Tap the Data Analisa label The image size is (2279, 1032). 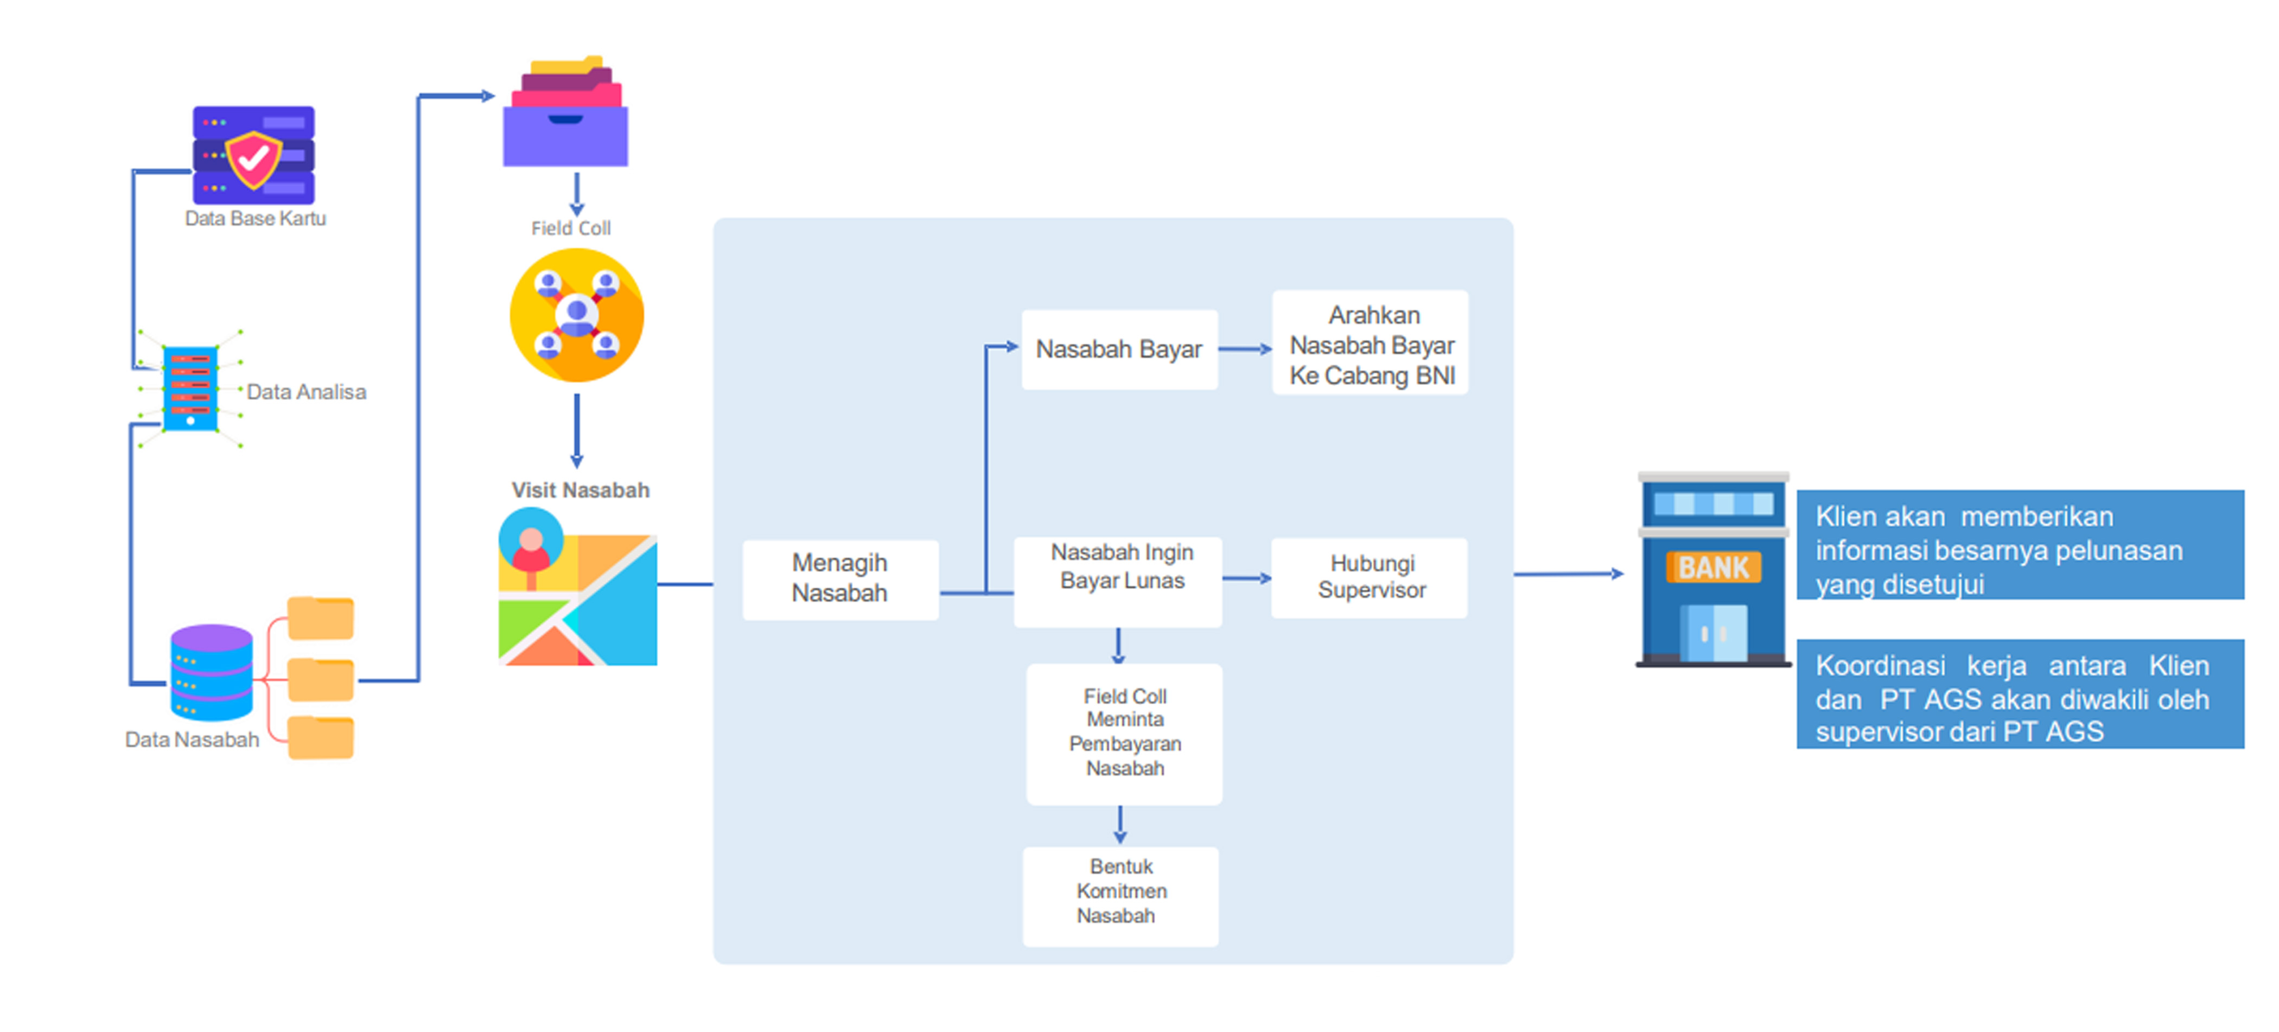pyautogui.click(x=306, y=392)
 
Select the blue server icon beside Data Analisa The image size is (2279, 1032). pyautogui.click(x=190, y=388)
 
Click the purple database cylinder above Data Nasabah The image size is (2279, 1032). pyautogui.click(x=212, y=672)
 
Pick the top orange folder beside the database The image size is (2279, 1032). pyautogui.click(x=320, y=618)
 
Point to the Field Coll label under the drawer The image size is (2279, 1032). pyautogui.click(x=571, y=228)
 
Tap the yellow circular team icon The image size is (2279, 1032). pyautogui.click(x=577, y=315)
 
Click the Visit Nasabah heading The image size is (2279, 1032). pyautogui.click(x=581, y=490)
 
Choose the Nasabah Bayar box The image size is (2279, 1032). pyautogui.click(x=1119, y=349)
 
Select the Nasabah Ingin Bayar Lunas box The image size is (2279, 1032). pyautogui.click(x=1118, y=581)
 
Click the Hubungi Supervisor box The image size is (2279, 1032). pyautogui.click(x=1370, y=577)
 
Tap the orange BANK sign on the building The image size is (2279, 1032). pyautogui.click(x=1713, y=567)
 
